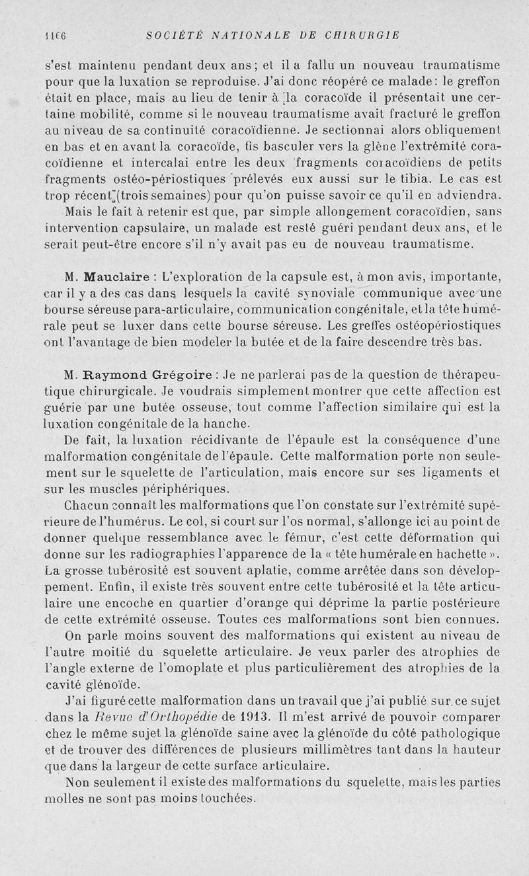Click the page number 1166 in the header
coord(54,35)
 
